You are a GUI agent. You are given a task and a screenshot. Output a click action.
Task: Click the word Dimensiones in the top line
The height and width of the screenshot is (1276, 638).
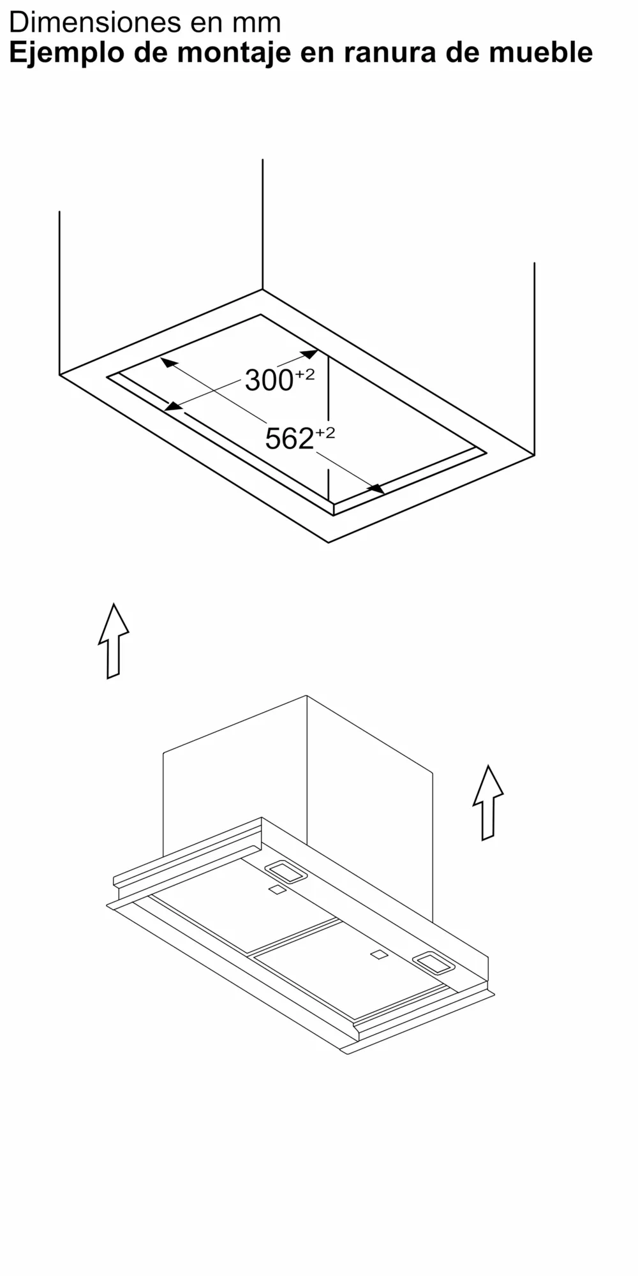[x=86, y=22]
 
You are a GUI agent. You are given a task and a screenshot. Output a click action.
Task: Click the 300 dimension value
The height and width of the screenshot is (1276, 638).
[x=269, y=381]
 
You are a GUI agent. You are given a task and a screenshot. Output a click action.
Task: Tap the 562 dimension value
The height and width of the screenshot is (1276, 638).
[x=289, y=439]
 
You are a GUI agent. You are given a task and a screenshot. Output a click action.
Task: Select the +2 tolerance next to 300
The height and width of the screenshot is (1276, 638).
[x=304, y=375]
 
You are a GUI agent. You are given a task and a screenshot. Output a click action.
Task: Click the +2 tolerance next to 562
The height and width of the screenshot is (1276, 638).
[x=325, y=433]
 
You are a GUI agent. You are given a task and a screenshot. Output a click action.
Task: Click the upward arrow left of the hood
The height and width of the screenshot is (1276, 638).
[x=114, y=641]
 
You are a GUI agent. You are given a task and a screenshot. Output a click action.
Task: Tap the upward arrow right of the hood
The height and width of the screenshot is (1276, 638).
[x=488, y=803]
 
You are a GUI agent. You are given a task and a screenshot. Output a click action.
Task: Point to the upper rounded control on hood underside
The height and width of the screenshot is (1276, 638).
[x=286, y=872]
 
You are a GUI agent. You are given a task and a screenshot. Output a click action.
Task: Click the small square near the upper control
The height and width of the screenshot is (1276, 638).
[x=277, y=890]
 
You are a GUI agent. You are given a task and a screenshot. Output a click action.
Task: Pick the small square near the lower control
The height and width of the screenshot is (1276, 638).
[x=379, y=955]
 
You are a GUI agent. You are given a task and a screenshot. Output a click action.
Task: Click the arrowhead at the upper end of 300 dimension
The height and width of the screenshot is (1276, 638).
[x=309, y=354]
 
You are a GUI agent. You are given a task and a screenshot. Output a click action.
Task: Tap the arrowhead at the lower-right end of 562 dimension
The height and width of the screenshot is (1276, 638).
[x=376, y=488]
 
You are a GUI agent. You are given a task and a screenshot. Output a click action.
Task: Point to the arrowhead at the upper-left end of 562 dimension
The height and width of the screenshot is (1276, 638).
[x=168, y=363]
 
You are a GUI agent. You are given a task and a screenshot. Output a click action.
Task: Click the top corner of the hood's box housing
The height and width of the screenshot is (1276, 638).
[x=306, y=696]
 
